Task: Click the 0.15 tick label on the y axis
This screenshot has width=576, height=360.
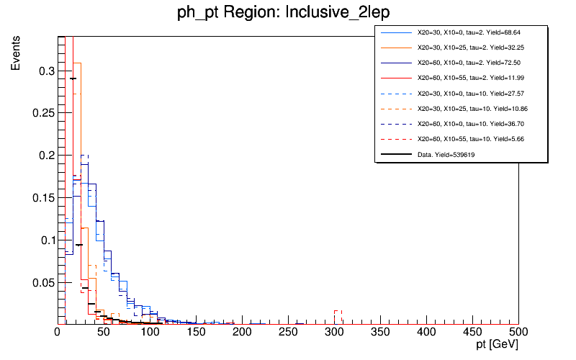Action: click(43, 197)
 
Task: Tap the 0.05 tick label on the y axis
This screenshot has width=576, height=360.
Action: click(43, 282)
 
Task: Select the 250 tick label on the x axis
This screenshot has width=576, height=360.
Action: click(288, 333)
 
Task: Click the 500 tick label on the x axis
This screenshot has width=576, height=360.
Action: click(518, 333)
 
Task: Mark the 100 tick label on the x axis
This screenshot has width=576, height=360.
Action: click(150, 333)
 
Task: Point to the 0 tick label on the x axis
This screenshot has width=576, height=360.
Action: click(58, 333)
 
